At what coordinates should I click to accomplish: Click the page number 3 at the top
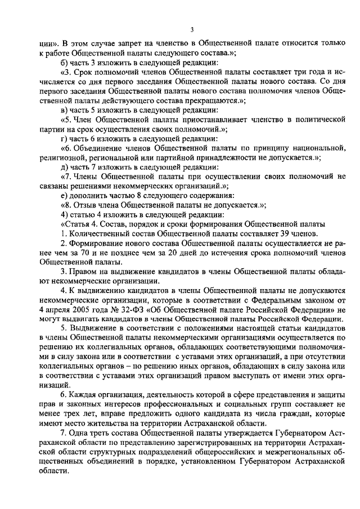click(192, 29)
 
